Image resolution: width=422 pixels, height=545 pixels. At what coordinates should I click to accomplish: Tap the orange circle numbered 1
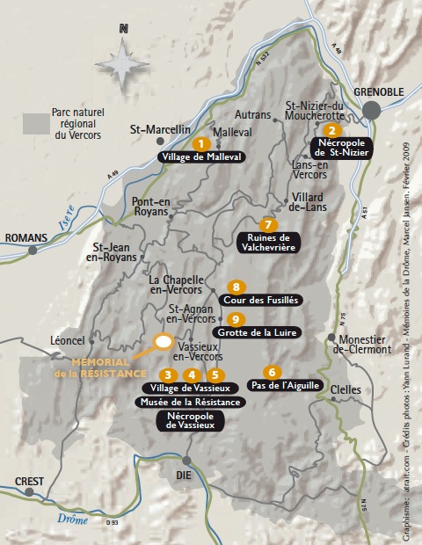(x=201, y=142)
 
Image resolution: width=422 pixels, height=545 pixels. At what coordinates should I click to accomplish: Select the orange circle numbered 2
(x=331, y=130)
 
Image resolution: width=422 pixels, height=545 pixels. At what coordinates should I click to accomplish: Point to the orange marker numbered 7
(x=269, y=223)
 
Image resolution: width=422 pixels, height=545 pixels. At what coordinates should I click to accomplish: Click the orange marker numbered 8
(x=235, y=287)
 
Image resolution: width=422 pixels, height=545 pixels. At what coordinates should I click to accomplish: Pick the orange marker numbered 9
(x=234, y=319)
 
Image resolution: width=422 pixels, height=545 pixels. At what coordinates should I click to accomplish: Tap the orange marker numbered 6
(x=273, y=372)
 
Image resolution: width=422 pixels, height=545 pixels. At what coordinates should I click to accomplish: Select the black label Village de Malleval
(x=201, y=156)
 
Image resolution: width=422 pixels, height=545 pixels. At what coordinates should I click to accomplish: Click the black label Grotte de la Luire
(x=263, y=333)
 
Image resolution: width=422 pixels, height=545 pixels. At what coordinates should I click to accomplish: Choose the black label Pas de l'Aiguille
(x=285, y=385)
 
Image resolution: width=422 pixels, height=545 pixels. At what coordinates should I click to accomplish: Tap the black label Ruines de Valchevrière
(x=268, y=243)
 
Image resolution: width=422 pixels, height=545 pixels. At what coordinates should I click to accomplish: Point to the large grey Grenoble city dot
(x=374, y=110)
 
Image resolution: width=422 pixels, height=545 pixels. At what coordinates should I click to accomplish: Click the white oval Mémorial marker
(x=163, y=342)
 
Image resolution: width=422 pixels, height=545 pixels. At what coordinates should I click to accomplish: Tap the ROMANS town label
(x=24, y=237)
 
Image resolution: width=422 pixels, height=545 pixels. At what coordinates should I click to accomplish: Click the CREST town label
(x=29, y=481)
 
